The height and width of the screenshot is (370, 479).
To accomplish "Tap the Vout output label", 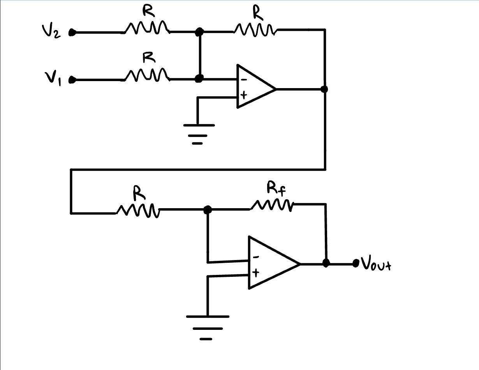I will click(x=375, y=264).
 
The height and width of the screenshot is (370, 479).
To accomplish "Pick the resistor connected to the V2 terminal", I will click(x=147, y=28).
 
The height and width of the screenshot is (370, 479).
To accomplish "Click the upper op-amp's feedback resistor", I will click(x=255, y=29).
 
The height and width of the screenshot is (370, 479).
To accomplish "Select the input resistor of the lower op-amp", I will click(x=138, y=210).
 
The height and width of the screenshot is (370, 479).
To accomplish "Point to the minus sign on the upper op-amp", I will click(x=243, y=80).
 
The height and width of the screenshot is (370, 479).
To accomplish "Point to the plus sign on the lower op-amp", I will click(x=255, y=273).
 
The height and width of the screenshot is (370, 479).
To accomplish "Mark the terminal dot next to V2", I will click(x=72, y=33).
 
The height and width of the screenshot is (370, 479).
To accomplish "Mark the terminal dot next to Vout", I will click(x=355, y=264).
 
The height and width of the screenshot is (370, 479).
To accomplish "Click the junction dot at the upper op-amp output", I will click(x=324, y=89).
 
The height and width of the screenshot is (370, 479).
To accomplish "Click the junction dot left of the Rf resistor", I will click(x=208, y=210).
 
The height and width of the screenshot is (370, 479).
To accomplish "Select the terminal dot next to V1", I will click(x=72, y=80).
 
